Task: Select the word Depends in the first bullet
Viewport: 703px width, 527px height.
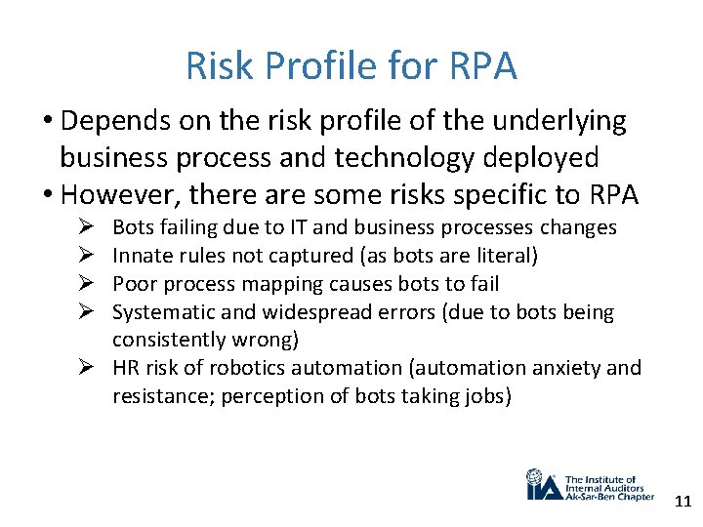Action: [x=111, y=121]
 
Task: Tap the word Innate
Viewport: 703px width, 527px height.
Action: [x=139, y=256]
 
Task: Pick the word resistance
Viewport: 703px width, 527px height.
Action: [x=157, y=396]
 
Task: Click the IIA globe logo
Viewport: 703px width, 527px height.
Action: [x=538, y=484]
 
